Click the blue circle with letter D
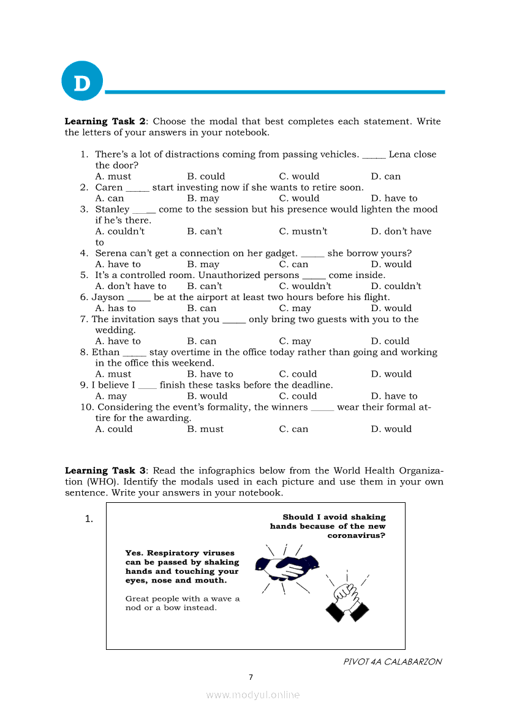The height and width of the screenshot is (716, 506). (x=81, y=81)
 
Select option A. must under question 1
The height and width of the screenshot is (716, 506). (x=113, y=176)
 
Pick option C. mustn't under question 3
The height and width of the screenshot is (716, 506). (x=303, y=232)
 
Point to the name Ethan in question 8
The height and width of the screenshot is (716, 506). (x=105, y=352)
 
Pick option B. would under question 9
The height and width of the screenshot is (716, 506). (x=207, y=396)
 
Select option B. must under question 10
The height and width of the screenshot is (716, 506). (x=205, y=429)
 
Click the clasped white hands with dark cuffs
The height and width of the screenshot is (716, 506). (x=347, y=601)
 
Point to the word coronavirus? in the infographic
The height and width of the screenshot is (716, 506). (x=356, y=535)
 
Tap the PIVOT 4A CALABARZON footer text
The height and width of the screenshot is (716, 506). (x=392, y=661)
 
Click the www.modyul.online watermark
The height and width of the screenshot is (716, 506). (x=253, y=695)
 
